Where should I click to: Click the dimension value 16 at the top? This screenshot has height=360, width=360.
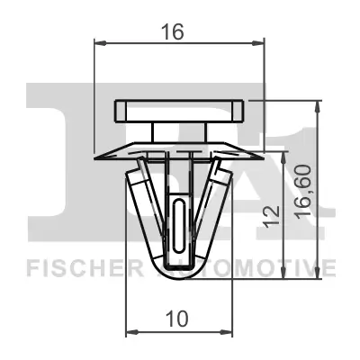point(174,32)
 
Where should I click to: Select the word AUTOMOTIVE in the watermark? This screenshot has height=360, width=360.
point(261,267)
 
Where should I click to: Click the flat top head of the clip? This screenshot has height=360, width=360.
point(180,112)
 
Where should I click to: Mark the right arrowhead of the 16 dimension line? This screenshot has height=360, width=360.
point(262,41)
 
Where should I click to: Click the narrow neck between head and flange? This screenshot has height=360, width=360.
point(180,131)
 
